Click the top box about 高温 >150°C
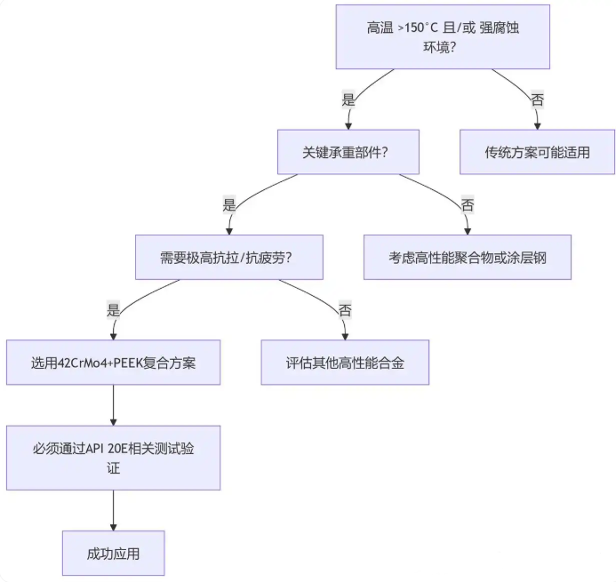[x=442, y=36]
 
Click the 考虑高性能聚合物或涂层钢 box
[x=467, y=258]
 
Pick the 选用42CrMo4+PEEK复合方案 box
[x=113, y=363]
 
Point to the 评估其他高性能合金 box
[x=345, y=363]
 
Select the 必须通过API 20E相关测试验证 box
[x=113, y=458]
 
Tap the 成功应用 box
[x=113, y=553]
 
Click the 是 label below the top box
[x=348, y=100]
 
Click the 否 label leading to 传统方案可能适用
[x=537, y=100]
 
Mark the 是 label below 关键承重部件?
[x=228, y=205]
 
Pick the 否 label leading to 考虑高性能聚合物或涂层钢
[x=468, y=205]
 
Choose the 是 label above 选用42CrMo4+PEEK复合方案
[x=113, y=310]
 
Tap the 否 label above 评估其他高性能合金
[x=345, y=310]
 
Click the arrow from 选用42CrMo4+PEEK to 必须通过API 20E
[x=113, y=405]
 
